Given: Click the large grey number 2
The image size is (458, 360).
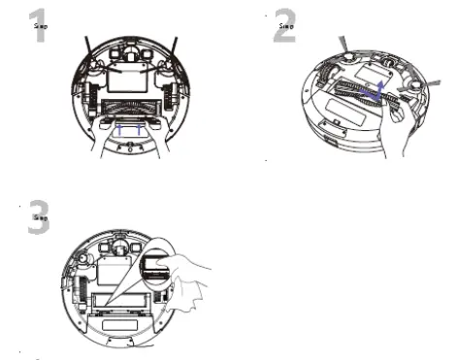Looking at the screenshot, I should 283,28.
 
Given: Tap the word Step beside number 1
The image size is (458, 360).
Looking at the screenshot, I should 41,26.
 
